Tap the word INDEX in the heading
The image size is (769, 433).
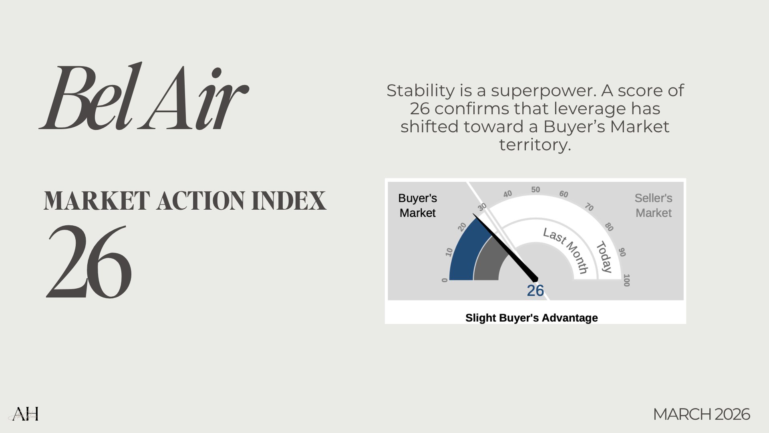[289, 200]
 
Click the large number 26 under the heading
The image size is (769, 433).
[89, 261]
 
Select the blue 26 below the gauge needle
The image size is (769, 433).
[535, 291]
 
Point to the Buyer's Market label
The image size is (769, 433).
[417, 205]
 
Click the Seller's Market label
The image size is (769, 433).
[653, 205]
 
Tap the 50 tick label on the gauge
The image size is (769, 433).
[535, 190]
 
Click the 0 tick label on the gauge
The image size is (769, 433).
[445, 280]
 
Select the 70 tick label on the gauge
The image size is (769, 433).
[589, 207]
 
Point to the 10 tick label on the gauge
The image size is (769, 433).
[449, 252]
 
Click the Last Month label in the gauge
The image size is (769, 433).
[566, 250]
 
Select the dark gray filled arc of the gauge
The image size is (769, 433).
[487, 261]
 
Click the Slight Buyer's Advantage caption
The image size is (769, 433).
[531, 318]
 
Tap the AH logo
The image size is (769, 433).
[25, 414]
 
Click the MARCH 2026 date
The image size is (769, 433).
[701, 414]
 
